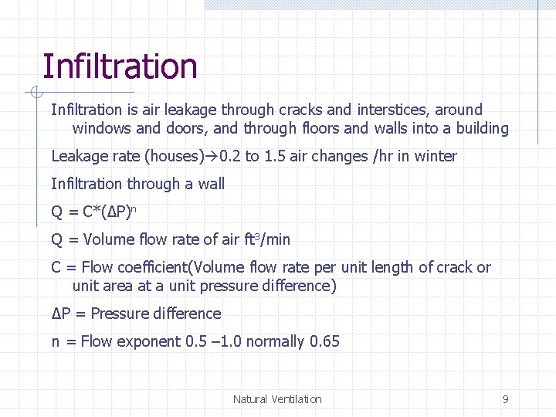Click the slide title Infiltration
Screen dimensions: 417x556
120,66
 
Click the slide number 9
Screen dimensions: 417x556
505,399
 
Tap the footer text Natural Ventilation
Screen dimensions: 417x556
277,399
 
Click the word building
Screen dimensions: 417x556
479,128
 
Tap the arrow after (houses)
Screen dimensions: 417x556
212,156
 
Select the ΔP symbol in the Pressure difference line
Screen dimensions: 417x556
62,314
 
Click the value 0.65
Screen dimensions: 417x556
324,341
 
